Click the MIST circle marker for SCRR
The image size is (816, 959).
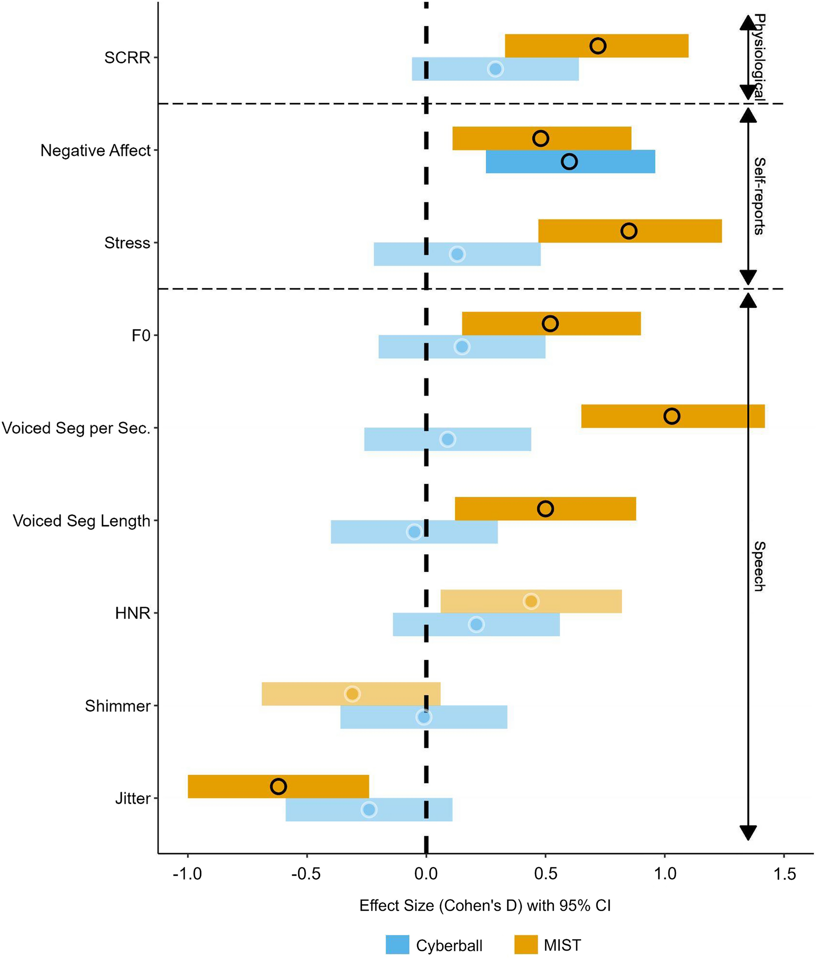(x=598, y=46)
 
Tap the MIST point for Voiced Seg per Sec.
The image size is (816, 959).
(x=672, y=416)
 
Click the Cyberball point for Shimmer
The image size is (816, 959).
(x=424, y=717)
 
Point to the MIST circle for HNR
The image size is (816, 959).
(x=531, y=601)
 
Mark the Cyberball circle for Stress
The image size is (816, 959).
(x=457, y=254)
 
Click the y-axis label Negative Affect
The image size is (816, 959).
(x=95, y=150)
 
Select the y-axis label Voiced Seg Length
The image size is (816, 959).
(x=81, y=521)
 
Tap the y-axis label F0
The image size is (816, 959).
(x=141, y=335)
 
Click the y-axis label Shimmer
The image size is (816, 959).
(x=118, y=706)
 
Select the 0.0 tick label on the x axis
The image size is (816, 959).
(x=426, y=874)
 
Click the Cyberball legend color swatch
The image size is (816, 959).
(x=397, y=945)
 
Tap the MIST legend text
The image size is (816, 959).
(x=562, y=945)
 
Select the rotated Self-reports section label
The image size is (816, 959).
(x=759, y=196)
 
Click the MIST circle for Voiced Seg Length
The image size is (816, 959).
(x=545, y=509)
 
